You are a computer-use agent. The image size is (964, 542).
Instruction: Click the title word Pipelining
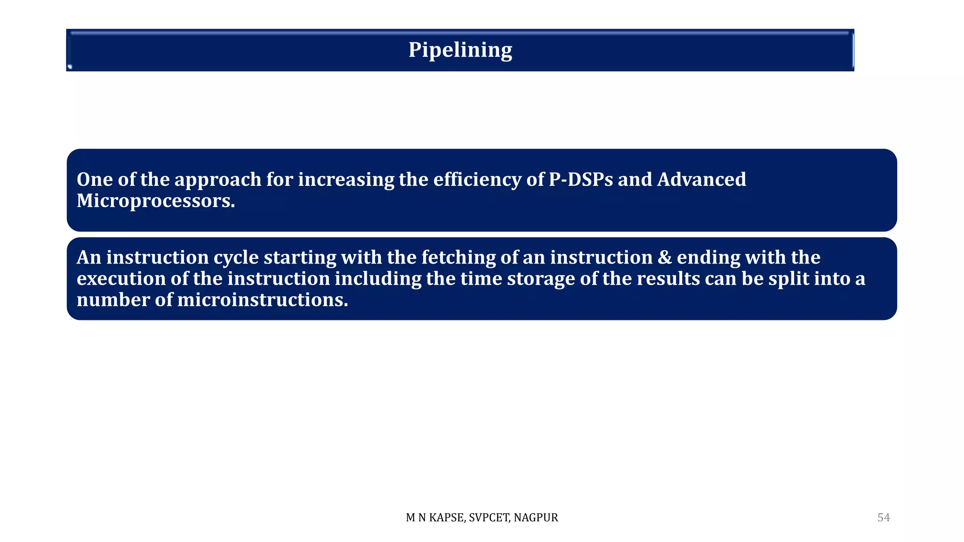tap(460, 50)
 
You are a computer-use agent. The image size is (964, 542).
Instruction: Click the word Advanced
tap(701, 179)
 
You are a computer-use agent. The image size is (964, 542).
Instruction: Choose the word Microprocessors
tap(155, 201)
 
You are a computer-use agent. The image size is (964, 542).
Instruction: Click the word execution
tap(121, 279)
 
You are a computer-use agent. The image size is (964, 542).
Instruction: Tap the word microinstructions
tap(262, 300)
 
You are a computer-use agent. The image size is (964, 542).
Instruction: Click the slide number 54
tap(884, 518)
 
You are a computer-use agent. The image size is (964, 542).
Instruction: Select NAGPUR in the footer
tap(536, 518)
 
